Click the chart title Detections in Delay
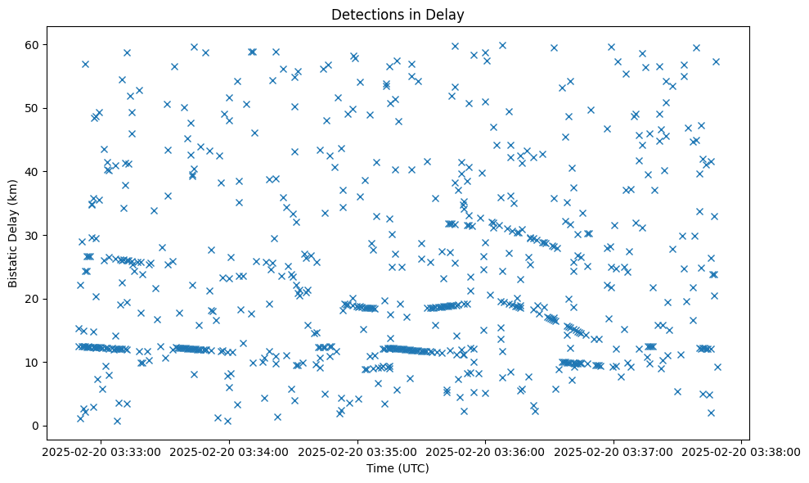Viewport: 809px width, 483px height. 397,15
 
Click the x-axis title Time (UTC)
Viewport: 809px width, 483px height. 397,469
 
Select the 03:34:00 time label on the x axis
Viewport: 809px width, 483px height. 229,451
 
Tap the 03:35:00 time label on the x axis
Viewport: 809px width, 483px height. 357,451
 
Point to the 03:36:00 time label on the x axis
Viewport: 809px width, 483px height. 486,451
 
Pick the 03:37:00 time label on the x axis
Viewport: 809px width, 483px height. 613,451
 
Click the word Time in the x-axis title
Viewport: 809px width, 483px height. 378,469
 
